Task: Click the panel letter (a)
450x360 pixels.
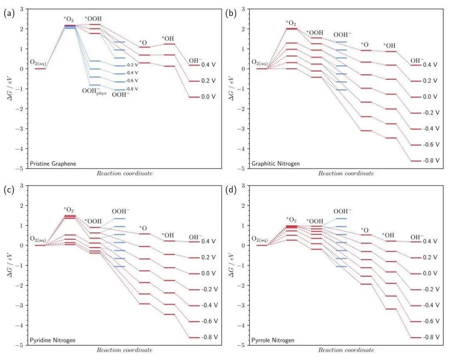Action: click(x=9, y=13)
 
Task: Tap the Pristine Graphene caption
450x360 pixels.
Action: click(x=53, y=164)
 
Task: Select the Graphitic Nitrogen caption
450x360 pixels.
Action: click(x=275, y=164)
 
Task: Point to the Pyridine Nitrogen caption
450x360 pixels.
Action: click(x=52, y=340)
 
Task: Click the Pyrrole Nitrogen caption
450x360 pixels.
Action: click(x=272, y=340)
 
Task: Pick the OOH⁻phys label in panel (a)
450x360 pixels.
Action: click(x=95, y=93)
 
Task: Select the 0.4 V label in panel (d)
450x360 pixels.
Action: click(x=430, y=242)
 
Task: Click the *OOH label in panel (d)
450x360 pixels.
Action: click(x=315, y=221)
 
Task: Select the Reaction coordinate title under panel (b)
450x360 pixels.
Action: click(x=346, y=173)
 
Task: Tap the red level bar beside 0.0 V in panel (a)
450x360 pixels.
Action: click(x=194, y=97)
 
